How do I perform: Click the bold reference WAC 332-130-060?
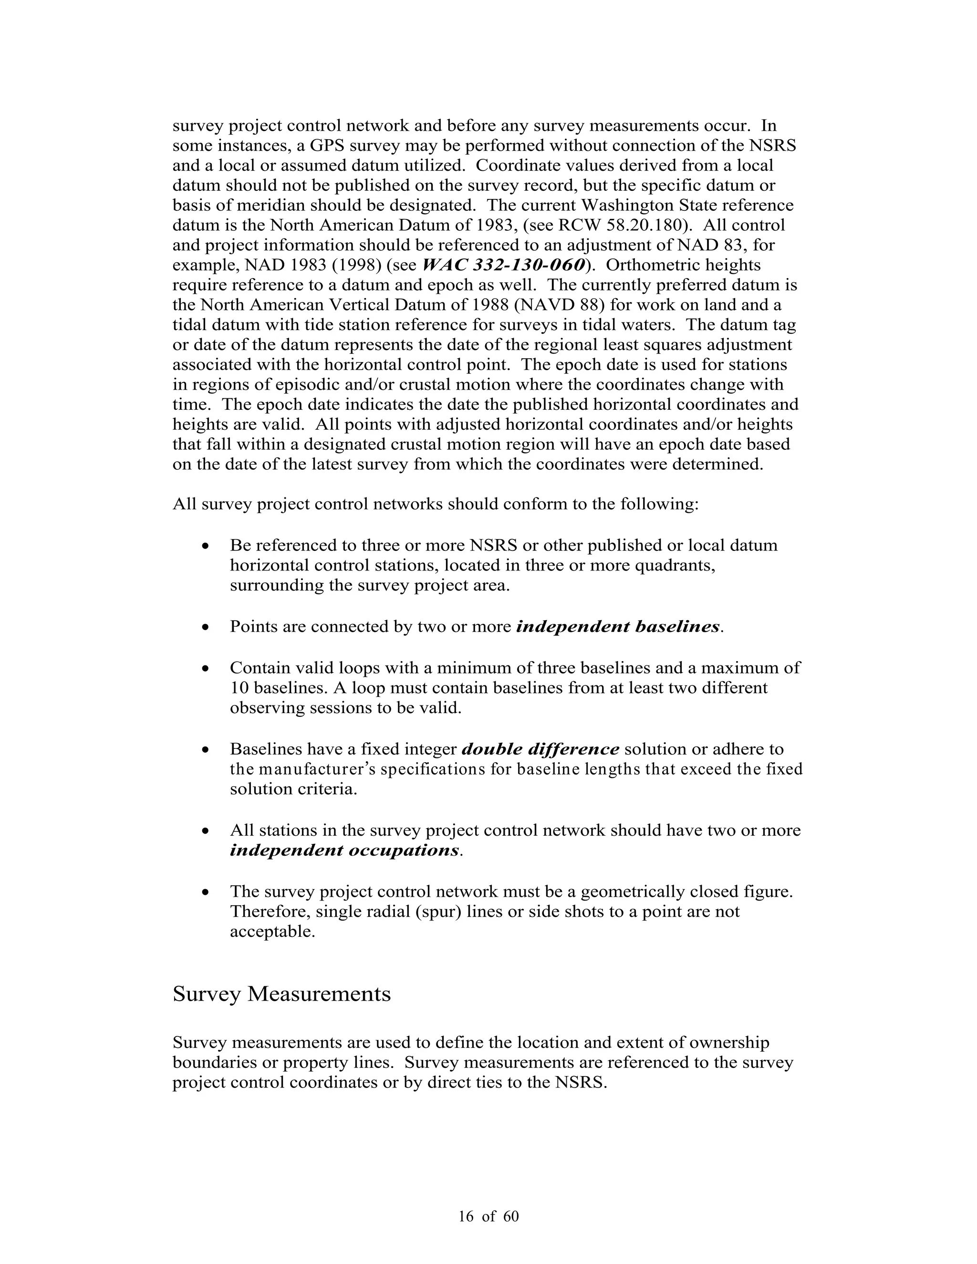click(x=503, y=265)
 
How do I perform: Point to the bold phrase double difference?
click(x=540, y=749)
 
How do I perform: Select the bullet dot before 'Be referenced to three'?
click(x=206, y=546)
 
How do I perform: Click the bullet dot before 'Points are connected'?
click(x=206, y=627)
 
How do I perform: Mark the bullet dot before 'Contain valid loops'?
click(x=206, y=668)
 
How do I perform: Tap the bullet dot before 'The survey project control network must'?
click(x=206, y=892)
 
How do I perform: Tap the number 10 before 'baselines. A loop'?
click(x=239, y=688)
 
